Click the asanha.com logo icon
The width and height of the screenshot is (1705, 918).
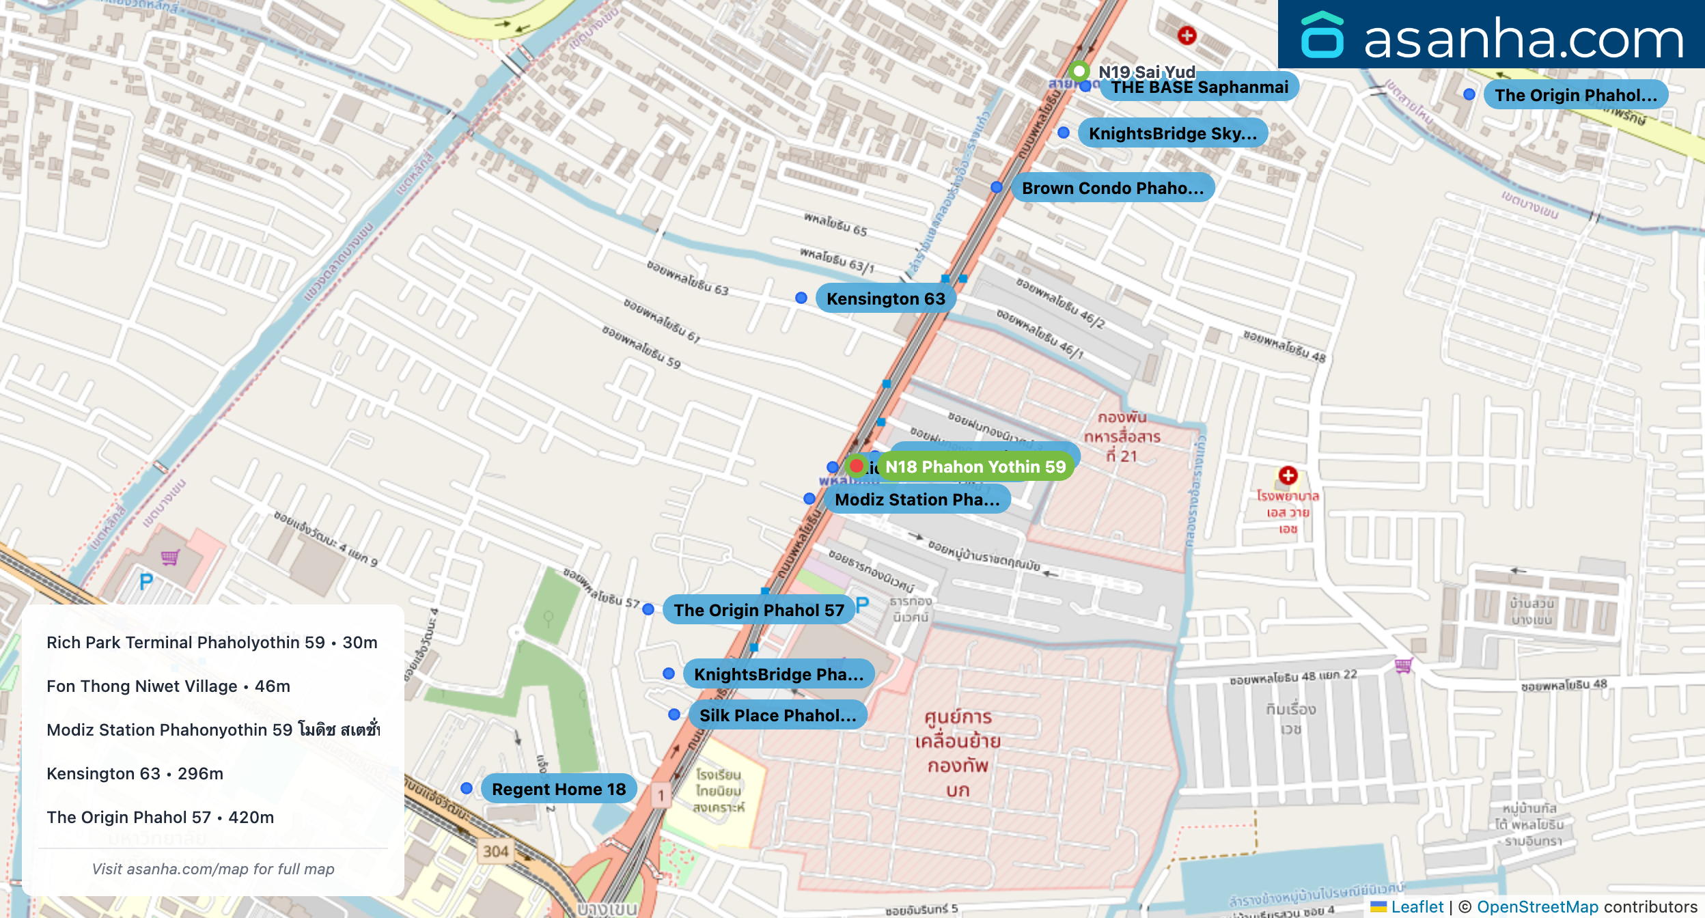pyautogui.click(x=1322, y=36)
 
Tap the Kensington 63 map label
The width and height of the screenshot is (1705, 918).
pyautogui.click(x=885, y=298)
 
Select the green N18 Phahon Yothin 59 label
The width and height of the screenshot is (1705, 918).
pyautogui.click(x=975, y=467)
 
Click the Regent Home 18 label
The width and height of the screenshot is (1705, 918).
pyautogui.click(x=558, y=789)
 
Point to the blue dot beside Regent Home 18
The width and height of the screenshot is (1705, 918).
pyautogui.click(x=467, y=788)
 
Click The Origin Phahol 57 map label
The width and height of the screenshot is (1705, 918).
pyautogui.click(x=758, y=610)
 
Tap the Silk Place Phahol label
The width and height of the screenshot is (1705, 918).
pyautogui.click(x=777, y=715)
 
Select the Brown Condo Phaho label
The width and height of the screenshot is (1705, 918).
pyautogui.click(x=1112, y=188)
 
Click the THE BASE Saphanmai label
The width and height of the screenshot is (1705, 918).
pyautogui.click(x=1200, y=87)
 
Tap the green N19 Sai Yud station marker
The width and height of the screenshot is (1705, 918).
pyautogui.click(x=1079, y=70)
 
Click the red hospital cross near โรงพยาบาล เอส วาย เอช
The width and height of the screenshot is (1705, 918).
pyautogui.click(x=1288, y=475)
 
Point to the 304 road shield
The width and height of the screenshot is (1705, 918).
pyautogui.click(x=496, y=851)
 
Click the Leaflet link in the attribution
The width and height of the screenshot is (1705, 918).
pyautogui.click(x=1417, y=906)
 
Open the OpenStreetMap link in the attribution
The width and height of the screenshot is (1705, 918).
pyautogui.click(x=1537, y=906)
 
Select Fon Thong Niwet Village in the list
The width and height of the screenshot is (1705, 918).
pyautogui.click(x=168, y=686)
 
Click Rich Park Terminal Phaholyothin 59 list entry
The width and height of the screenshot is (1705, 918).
pyautogui.click(x=212, y=642)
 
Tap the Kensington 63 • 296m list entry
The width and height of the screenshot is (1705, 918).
pyautogui.click(x=135, y=773)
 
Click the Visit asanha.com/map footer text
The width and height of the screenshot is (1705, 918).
pyautogui.click(x=213, y=869)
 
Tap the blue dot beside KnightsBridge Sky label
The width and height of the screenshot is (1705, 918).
pyautogui.click(x=1064, y=133)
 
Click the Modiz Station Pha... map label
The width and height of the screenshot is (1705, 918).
pyautogui.click(x=917, y=499)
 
